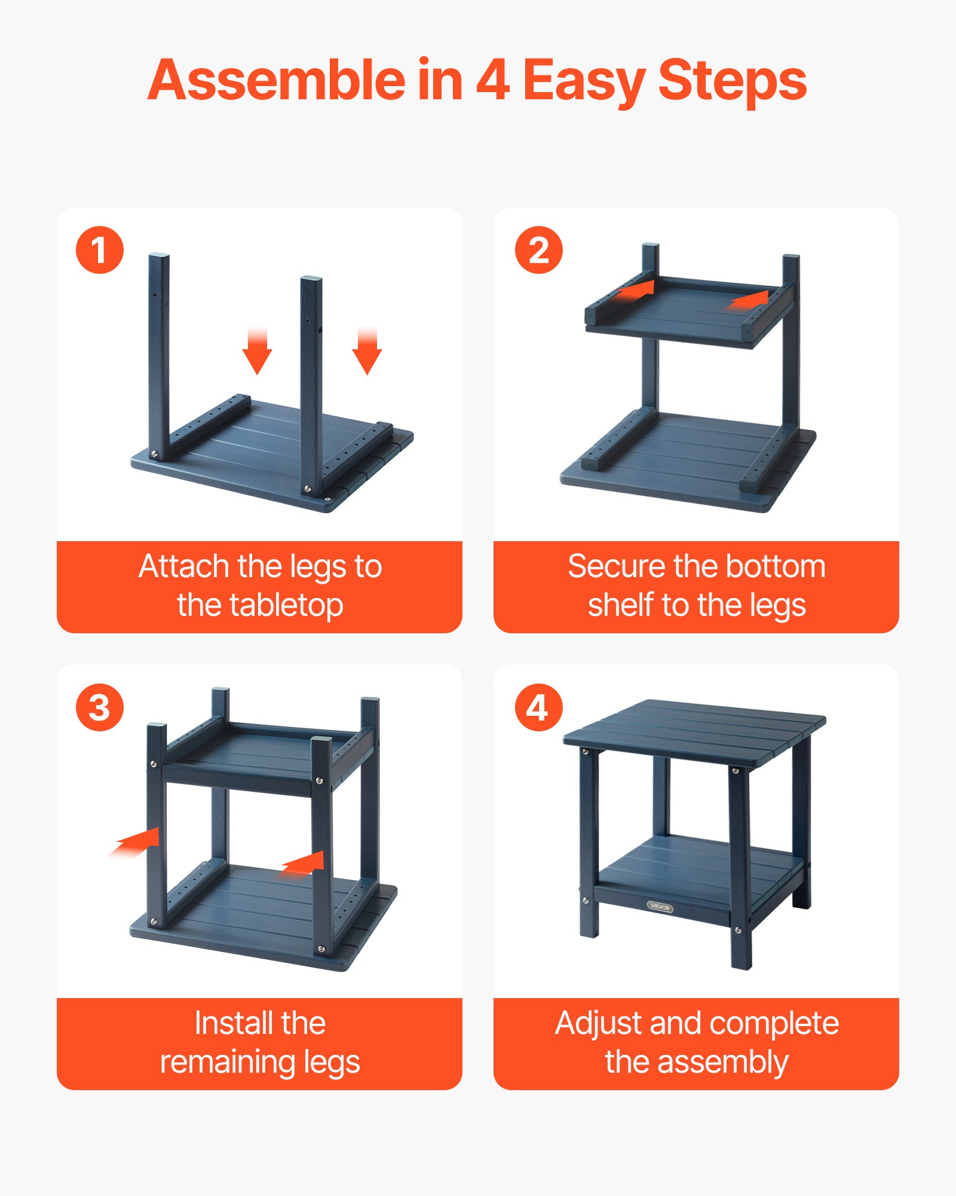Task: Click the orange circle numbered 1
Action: click(100, 250)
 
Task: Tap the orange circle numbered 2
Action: click(538, 250)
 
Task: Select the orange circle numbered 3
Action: click(100, 707)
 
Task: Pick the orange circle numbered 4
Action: click(538, 707)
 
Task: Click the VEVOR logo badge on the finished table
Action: click(660, 907)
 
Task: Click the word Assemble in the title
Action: click(276, 81)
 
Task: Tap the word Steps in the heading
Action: click(732, 81)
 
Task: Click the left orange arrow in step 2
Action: click(636, 291)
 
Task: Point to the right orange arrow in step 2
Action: click(748, 299)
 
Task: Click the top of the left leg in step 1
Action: click(158, 258)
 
